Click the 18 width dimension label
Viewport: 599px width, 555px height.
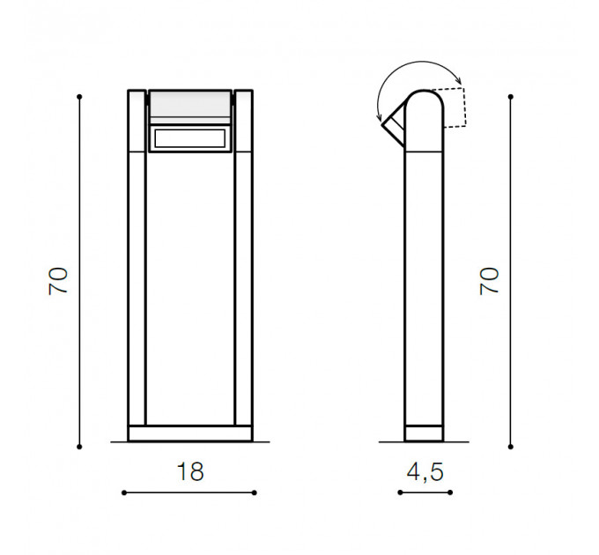(x=190, y=471)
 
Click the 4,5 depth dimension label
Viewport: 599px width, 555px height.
(x=425, y=471)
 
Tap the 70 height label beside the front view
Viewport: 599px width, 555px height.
(x=58, y=281)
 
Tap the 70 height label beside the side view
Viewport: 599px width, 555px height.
(x=489, y=281)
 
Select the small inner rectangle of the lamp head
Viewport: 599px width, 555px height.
(x=190, y=138)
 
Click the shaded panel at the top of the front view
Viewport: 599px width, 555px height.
(x=190, y=107)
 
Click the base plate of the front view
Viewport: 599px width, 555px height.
(x=190, y=433)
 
